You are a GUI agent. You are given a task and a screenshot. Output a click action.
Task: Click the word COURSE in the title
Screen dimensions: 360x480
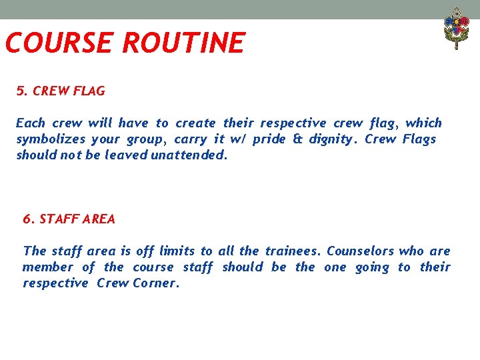(x=59, y=43)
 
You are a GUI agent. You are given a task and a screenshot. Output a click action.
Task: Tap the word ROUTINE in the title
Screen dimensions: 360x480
(x=183, y=43)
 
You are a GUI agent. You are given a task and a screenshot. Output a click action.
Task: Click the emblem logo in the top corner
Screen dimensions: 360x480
(x=457, y=27)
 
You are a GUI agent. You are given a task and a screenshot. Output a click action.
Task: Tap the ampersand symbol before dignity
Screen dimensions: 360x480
(x=297, y=139)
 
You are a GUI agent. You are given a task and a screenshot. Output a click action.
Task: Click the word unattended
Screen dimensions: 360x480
(x=189, y=155)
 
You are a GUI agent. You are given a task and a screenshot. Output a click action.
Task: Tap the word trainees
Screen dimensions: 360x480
(x=293, y=251)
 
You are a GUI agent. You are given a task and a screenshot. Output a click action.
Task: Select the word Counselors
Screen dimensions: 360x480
(x=361, y=251)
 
